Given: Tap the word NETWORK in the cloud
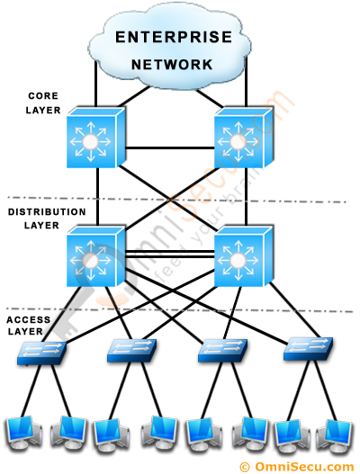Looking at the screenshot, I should [x=172, y=65].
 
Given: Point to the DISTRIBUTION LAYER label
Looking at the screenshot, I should [x=47, y=218].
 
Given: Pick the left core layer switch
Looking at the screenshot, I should [x=93, y=140].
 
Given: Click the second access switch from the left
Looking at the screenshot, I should [x=131, y=351].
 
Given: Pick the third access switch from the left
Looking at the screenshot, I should [x=220, y=351].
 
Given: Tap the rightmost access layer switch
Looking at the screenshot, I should [x=308, y=351].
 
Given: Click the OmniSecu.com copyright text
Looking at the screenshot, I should [x=299, y=465].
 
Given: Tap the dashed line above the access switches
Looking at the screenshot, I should [x=180, y=311].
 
